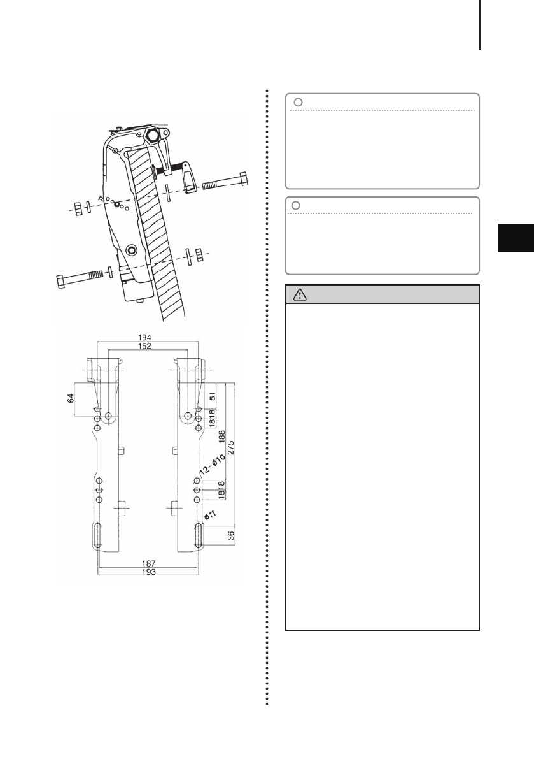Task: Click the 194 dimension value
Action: point(144,337)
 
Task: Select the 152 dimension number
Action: point(144,345)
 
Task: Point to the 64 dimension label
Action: point(71,398)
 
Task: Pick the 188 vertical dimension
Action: point(222,437)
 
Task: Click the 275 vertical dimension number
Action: point(231,447)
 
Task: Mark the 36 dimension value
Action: point(231,535)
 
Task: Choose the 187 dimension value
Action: point(148,564)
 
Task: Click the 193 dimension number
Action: point(148,572)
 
